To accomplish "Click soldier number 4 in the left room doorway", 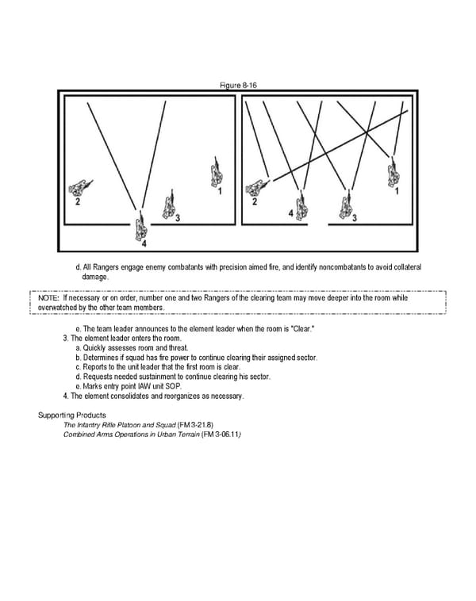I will click(140, 229).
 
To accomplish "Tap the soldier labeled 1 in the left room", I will click(215, 173).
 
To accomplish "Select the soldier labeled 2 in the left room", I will click(79, 188).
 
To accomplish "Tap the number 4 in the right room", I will click(290, 214).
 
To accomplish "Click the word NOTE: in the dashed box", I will click(48, 298).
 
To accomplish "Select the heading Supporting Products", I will click(72, 415).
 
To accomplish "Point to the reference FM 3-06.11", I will click(221, 435).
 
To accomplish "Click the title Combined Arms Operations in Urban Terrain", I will click(131, 435).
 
